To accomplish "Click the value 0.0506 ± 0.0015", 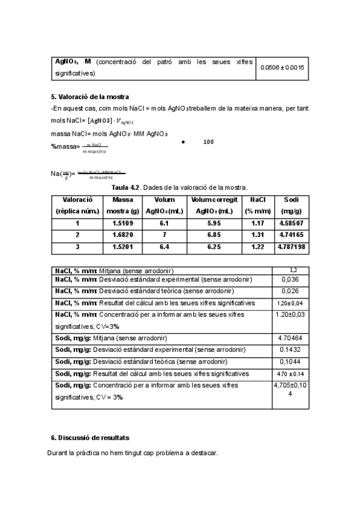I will click(282, 67).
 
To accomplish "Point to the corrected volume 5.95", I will click(214, 223).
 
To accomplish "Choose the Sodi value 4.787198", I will click(292, 246).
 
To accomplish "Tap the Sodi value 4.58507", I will click(292, 223).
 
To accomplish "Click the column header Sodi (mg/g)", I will click(292, 205).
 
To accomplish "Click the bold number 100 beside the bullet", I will click(208, 142).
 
